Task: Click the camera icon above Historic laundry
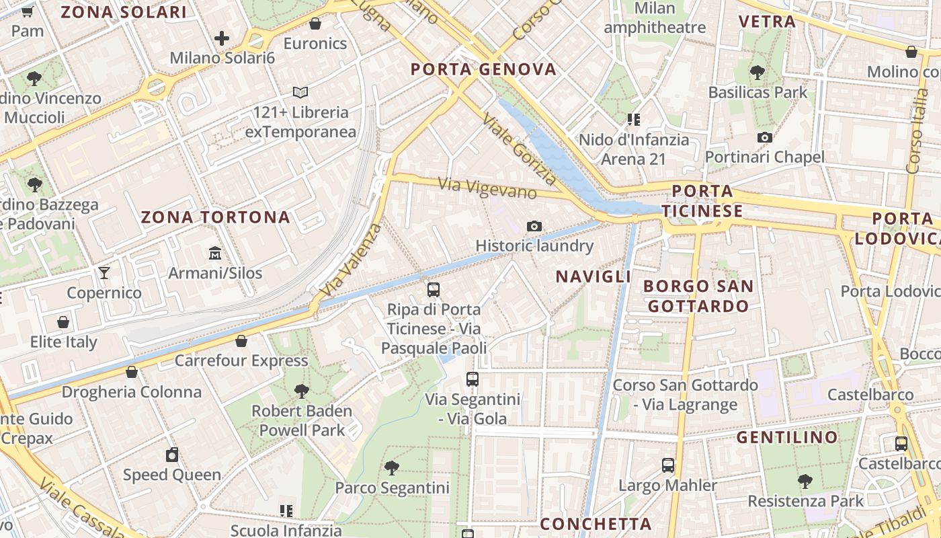(x=534, y=227)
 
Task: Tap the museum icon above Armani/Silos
(x=215, y=254)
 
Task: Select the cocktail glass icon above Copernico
(x=104, y=272)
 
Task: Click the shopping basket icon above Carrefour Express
(x=241, y=341)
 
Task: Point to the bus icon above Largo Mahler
(x=667, y=465)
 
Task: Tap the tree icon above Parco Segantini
(x=392, y=467)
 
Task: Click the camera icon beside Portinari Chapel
(x=764, y=138)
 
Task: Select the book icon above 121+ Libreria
(x=300, y=92)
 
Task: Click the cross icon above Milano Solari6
(x=222, y=38)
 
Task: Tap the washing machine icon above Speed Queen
(x=172, y=455)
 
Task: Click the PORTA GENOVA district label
(x=484, y=69)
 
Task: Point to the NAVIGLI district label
(x=594, y=276)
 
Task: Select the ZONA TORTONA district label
(x=215, y=217)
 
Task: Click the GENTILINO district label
(x=788, y=438)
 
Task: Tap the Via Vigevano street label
(x=487, y=188)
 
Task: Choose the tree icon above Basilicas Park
(x=758, y=72)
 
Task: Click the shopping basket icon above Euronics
(x=315, y=24)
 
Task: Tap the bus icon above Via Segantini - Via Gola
(x=473, y=379)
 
